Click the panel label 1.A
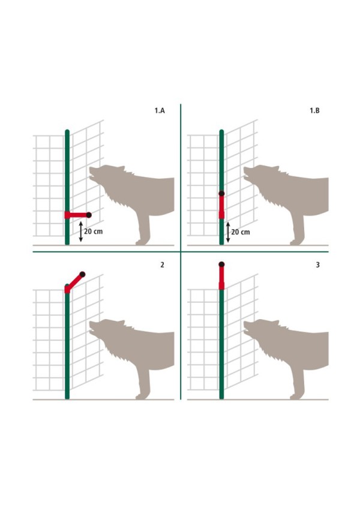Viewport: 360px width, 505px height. pos(160,110)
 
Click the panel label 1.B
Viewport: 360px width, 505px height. pos(314,110)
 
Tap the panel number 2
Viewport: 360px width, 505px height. pos(162,264)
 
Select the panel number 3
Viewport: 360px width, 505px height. pos(318,264)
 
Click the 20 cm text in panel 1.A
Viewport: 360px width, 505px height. pos(93,232)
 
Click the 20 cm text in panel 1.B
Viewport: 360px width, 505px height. pos(241,232)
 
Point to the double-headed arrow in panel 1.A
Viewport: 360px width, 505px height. pos(81,232)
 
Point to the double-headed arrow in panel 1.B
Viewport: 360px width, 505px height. pos(228,232)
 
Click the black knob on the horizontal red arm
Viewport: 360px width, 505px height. pos(89,215)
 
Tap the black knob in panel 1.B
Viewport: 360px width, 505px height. pos(221,194)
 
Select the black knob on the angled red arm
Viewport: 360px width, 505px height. pos(82,275)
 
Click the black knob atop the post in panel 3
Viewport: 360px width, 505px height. pos(221,264)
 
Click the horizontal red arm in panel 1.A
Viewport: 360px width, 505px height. pos(76,215)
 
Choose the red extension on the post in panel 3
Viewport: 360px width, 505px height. pos(221,278)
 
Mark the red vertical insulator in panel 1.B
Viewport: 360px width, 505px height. pos(221,207)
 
